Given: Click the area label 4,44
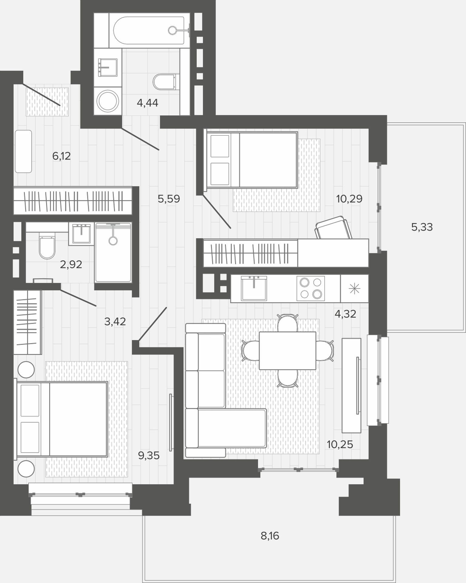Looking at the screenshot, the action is (147, 103).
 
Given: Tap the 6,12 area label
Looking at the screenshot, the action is (62, 156).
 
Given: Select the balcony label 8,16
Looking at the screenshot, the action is (270, 536).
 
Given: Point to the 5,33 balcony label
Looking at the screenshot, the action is (422, 227).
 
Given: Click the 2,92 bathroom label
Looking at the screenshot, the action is (71, 264).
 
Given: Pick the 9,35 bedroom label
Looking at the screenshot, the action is (149, 455).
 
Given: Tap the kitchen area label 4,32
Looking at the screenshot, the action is (345, 314).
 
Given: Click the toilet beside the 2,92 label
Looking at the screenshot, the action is (47, 245).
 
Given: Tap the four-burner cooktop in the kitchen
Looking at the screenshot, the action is (310, 288).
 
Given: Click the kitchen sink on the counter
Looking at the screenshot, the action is (254, 288).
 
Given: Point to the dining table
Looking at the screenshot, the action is (287, 350).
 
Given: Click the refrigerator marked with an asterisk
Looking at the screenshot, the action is (354, 288).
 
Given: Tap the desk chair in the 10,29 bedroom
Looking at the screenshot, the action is (334, 227).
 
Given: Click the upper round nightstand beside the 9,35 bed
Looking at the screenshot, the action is (26, 370).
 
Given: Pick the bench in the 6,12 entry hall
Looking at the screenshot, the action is (23, 152).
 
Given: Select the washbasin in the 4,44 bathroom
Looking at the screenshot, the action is (108, 67).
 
